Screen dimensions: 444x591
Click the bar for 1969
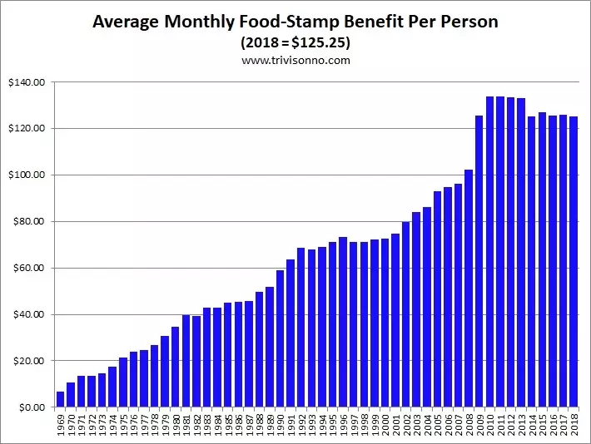[x=60, y=399]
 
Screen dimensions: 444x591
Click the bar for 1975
[x=123, y=382]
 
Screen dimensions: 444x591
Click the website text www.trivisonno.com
[x=295, y=61]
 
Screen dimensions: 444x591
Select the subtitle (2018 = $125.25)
[x=295, y=42]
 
